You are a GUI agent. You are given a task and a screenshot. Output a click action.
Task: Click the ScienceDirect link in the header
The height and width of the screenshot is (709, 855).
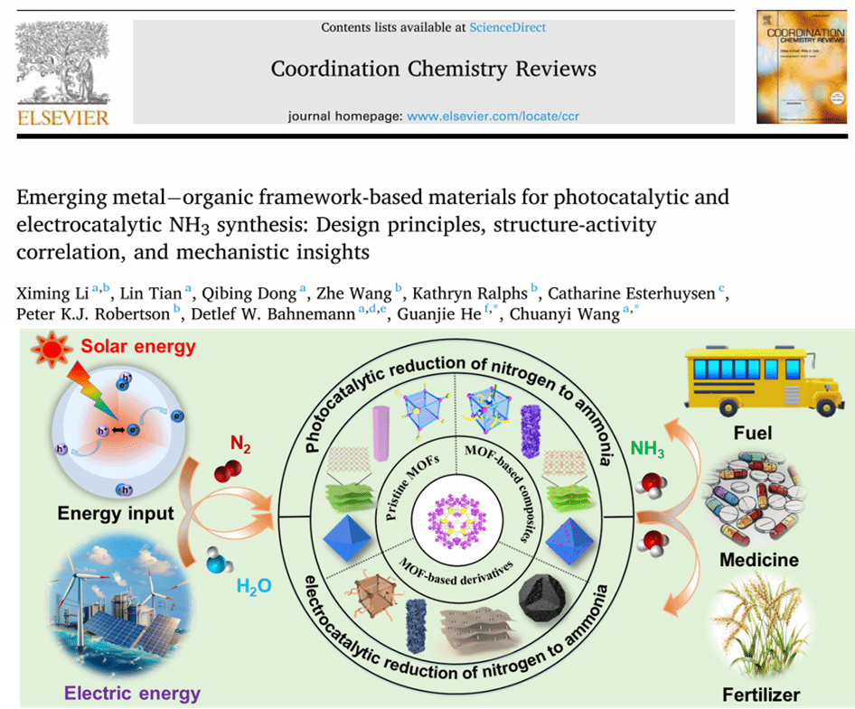pyautogui.click(x=507, y=27)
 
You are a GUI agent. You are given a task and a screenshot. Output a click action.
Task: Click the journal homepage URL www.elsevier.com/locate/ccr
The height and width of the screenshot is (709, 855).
pyautogui.click(x=487, y=117)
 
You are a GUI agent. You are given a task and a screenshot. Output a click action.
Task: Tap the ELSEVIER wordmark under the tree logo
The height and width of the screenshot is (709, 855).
pyautogui.click(x=63, y=118)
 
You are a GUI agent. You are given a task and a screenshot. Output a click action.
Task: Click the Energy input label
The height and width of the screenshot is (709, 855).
pyautogui.click(x=115, y=514)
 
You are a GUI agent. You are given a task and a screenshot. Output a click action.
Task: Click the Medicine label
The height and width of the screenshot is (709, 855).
pyautogui.click(x=758, y=560)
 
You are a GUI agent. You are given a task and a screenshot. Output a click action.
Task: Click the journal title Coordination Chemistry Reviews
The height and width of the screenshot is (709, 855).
pyautogui.click(x=434, y=69)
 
